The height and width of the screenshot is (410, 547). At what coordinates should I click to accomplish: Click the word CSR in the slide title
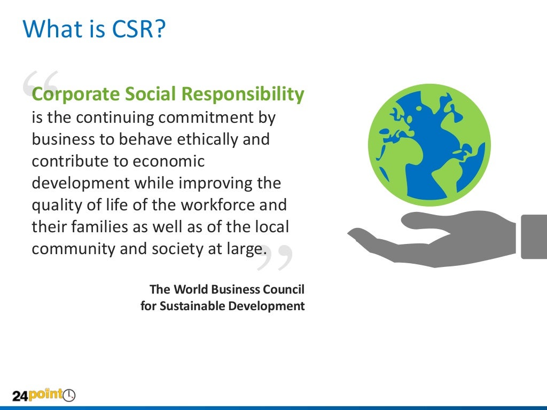[139, 29]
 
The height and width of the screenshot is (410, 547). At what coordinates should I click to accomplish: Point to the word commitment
[208, 117]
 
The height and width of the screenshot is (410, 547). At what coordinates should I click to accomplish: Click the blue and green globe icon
[429, 145]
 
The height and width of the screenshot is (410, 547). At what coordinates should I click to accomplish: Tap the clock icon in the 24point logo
[69, 396]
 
